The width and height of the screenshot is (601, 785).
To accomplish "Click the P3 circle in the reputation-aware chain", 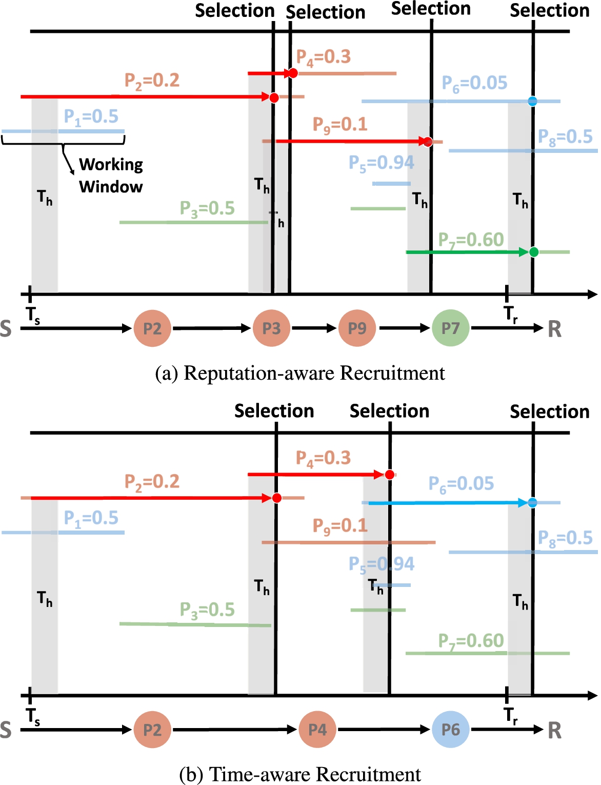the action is pos(271,328).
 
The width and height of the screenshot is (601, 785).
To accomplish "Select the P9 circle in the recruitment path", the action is pos(357,328).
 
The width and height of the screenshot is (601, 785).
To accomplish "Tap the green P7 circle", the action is pos(450,328).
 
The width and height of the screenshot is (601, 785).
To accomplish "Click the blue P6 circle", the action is pos(450,730).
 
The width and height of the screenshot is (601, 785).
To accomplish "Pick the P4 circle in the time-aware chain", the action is pos(317,730).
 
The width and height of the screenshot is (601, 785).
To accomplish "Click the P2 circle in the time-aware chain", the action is pos(152,730).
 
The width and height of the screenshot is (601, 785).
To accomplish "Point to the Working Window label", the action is pos(111,175).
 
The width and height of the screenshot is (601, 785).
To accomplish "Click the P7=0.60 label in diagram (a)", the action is pos(471,240).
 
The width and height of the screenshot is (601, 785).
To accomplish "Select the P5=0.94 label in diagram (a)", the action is pos(381,163).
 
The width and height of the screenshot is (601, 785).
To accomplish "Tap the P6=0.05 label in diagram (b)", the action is pos(461,484).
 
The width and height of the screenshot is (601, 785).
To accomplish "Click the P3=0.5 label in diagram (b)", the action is pos(207,610).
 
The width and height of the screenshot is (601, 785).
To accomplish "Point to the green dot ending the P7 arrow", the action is pos(533,252).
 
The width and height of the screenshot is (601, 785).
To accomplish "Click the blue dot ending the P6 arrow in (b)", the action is pos(532,502).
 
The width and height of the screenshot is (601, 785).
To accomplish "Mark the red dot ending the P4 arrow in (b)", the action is pos(390,474).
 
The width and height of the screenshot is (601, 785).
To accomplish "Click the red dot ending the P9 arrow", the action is pos(428,142).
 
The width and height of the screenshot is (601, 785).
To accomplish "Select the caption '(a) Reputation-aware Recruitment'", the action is pos(300,373).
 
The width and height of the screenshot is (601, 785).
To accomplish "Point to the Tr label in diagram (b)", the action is pos(510,715).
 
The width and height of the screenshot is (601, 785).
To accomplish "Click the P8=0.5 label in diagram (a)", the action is pos(565,138).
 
